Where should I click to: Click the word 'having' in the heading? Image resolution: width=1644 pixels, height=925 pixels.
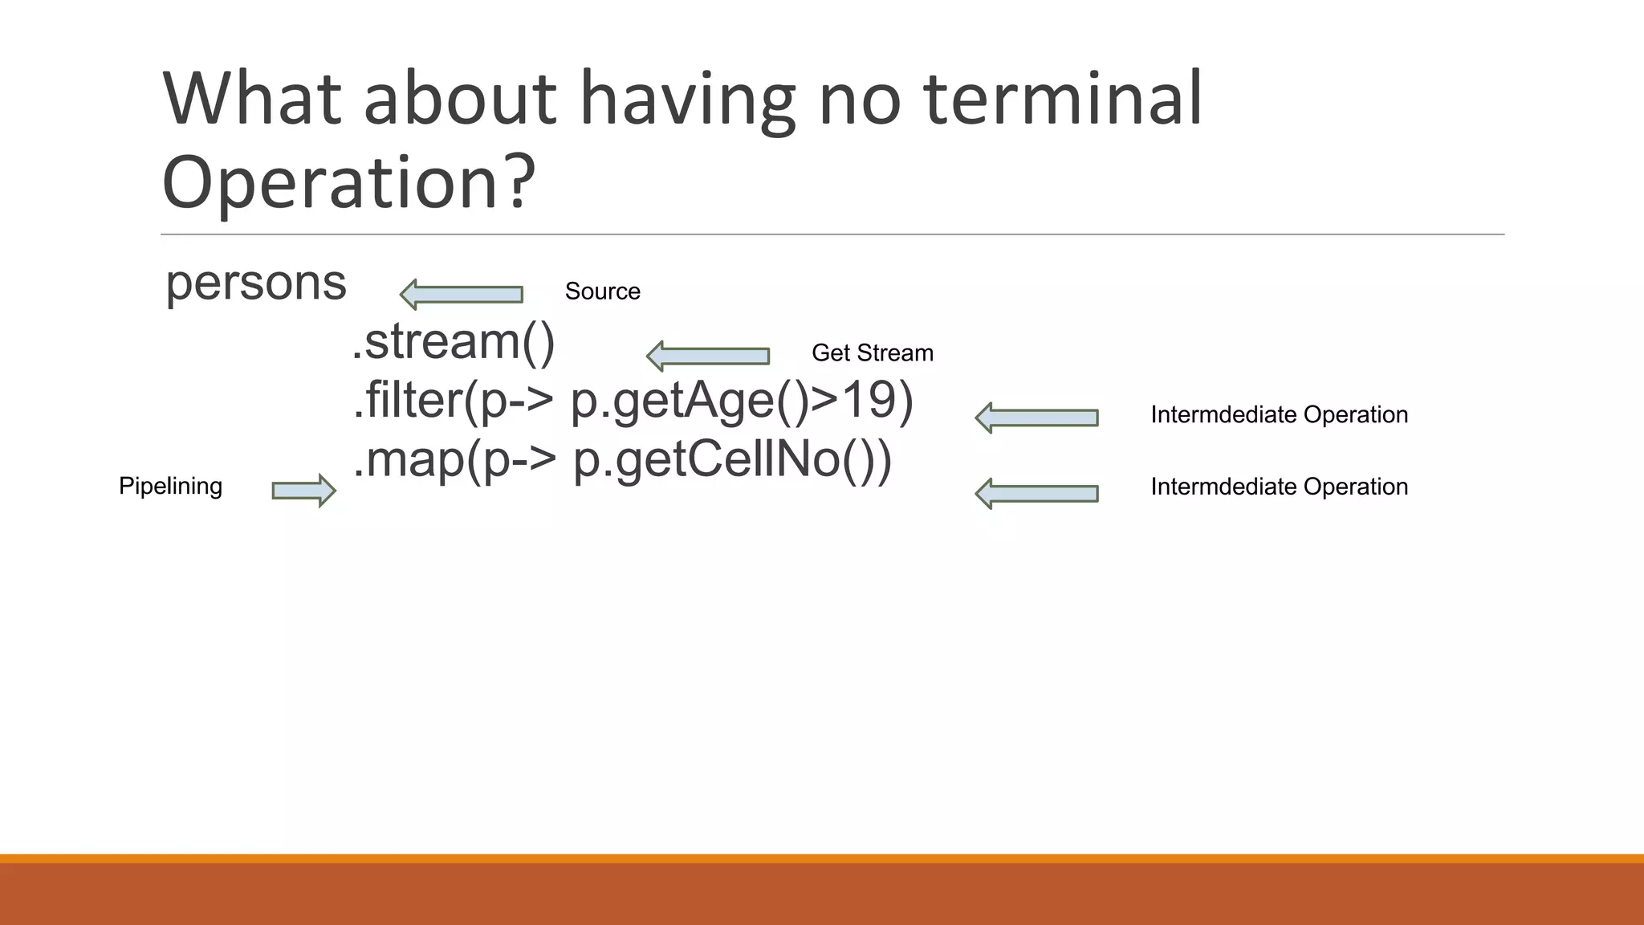click(687, 100)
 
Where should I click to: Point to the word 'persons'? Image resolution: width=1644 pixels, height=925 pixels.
click(255, 284)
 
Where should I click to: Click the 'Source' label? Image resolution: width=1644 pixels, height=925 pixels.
click(602, 291)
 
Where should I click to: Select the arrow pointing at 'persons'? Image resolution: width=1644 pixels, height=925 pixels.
click(462, 295)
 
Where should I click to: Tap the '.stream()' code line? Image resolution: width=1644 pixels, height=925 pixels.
click(454, 342)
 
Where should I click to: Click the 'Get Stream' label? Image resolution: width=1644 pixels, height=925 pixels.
click(872, 353)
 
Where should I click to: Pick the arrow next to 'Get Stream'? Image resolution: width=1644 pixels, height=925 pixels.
click(708, 356)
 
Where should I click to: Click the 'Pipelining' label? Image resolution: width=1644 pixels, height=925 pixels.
click(170, 486)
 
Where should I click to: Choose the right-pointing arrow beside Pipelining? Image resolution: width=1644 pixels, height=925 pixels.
click(303, 491)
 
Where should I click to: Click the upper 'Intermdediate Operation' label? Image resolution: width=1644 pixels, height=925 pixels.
click(1279, 415)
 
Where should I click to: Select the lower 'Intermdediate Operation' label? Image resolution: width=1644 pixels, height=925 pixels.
click(1279, 487)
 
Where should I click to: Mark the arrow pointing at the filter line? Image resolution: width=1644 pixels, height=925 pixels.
click(1036, 418)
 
